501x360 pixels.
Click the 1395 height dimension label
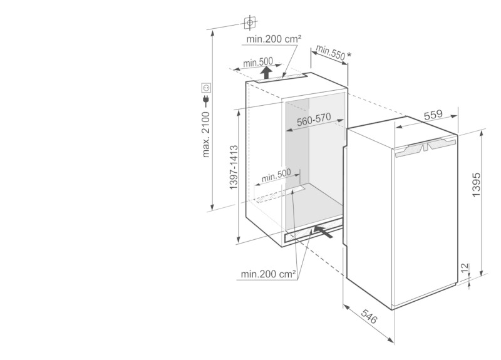[x=476, y=185]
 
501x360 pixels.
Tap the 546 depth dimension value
[x=369, y=316]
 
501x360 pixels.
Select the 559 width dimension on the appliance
[x=433, y=115]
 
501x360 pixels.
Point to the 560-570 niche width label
[x=314, y=120]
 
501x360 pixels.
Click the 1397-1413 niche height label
[x=234, y=167]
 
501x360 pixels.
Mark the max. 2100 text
[x=206, y=135]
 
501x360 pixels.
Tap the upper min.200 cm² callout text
[x=274, y=39]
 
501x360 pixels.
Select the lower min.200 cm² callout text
[x=269, y=274]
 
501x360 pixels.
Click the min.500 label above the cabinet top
[x=258, y=62]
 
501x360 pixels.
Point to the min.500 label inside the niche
[x=276, y=175]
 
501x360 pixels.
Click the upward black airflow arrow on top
[x=266, y=73]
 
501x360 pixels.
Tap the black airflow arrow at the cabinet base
[x=323, y=231]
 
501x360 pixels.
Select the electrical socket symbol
[x=206, y=87]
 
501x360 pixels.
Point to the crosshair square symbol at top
[x=250, y=23]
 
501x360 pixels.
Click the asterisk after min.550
[x=349, y=55]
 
